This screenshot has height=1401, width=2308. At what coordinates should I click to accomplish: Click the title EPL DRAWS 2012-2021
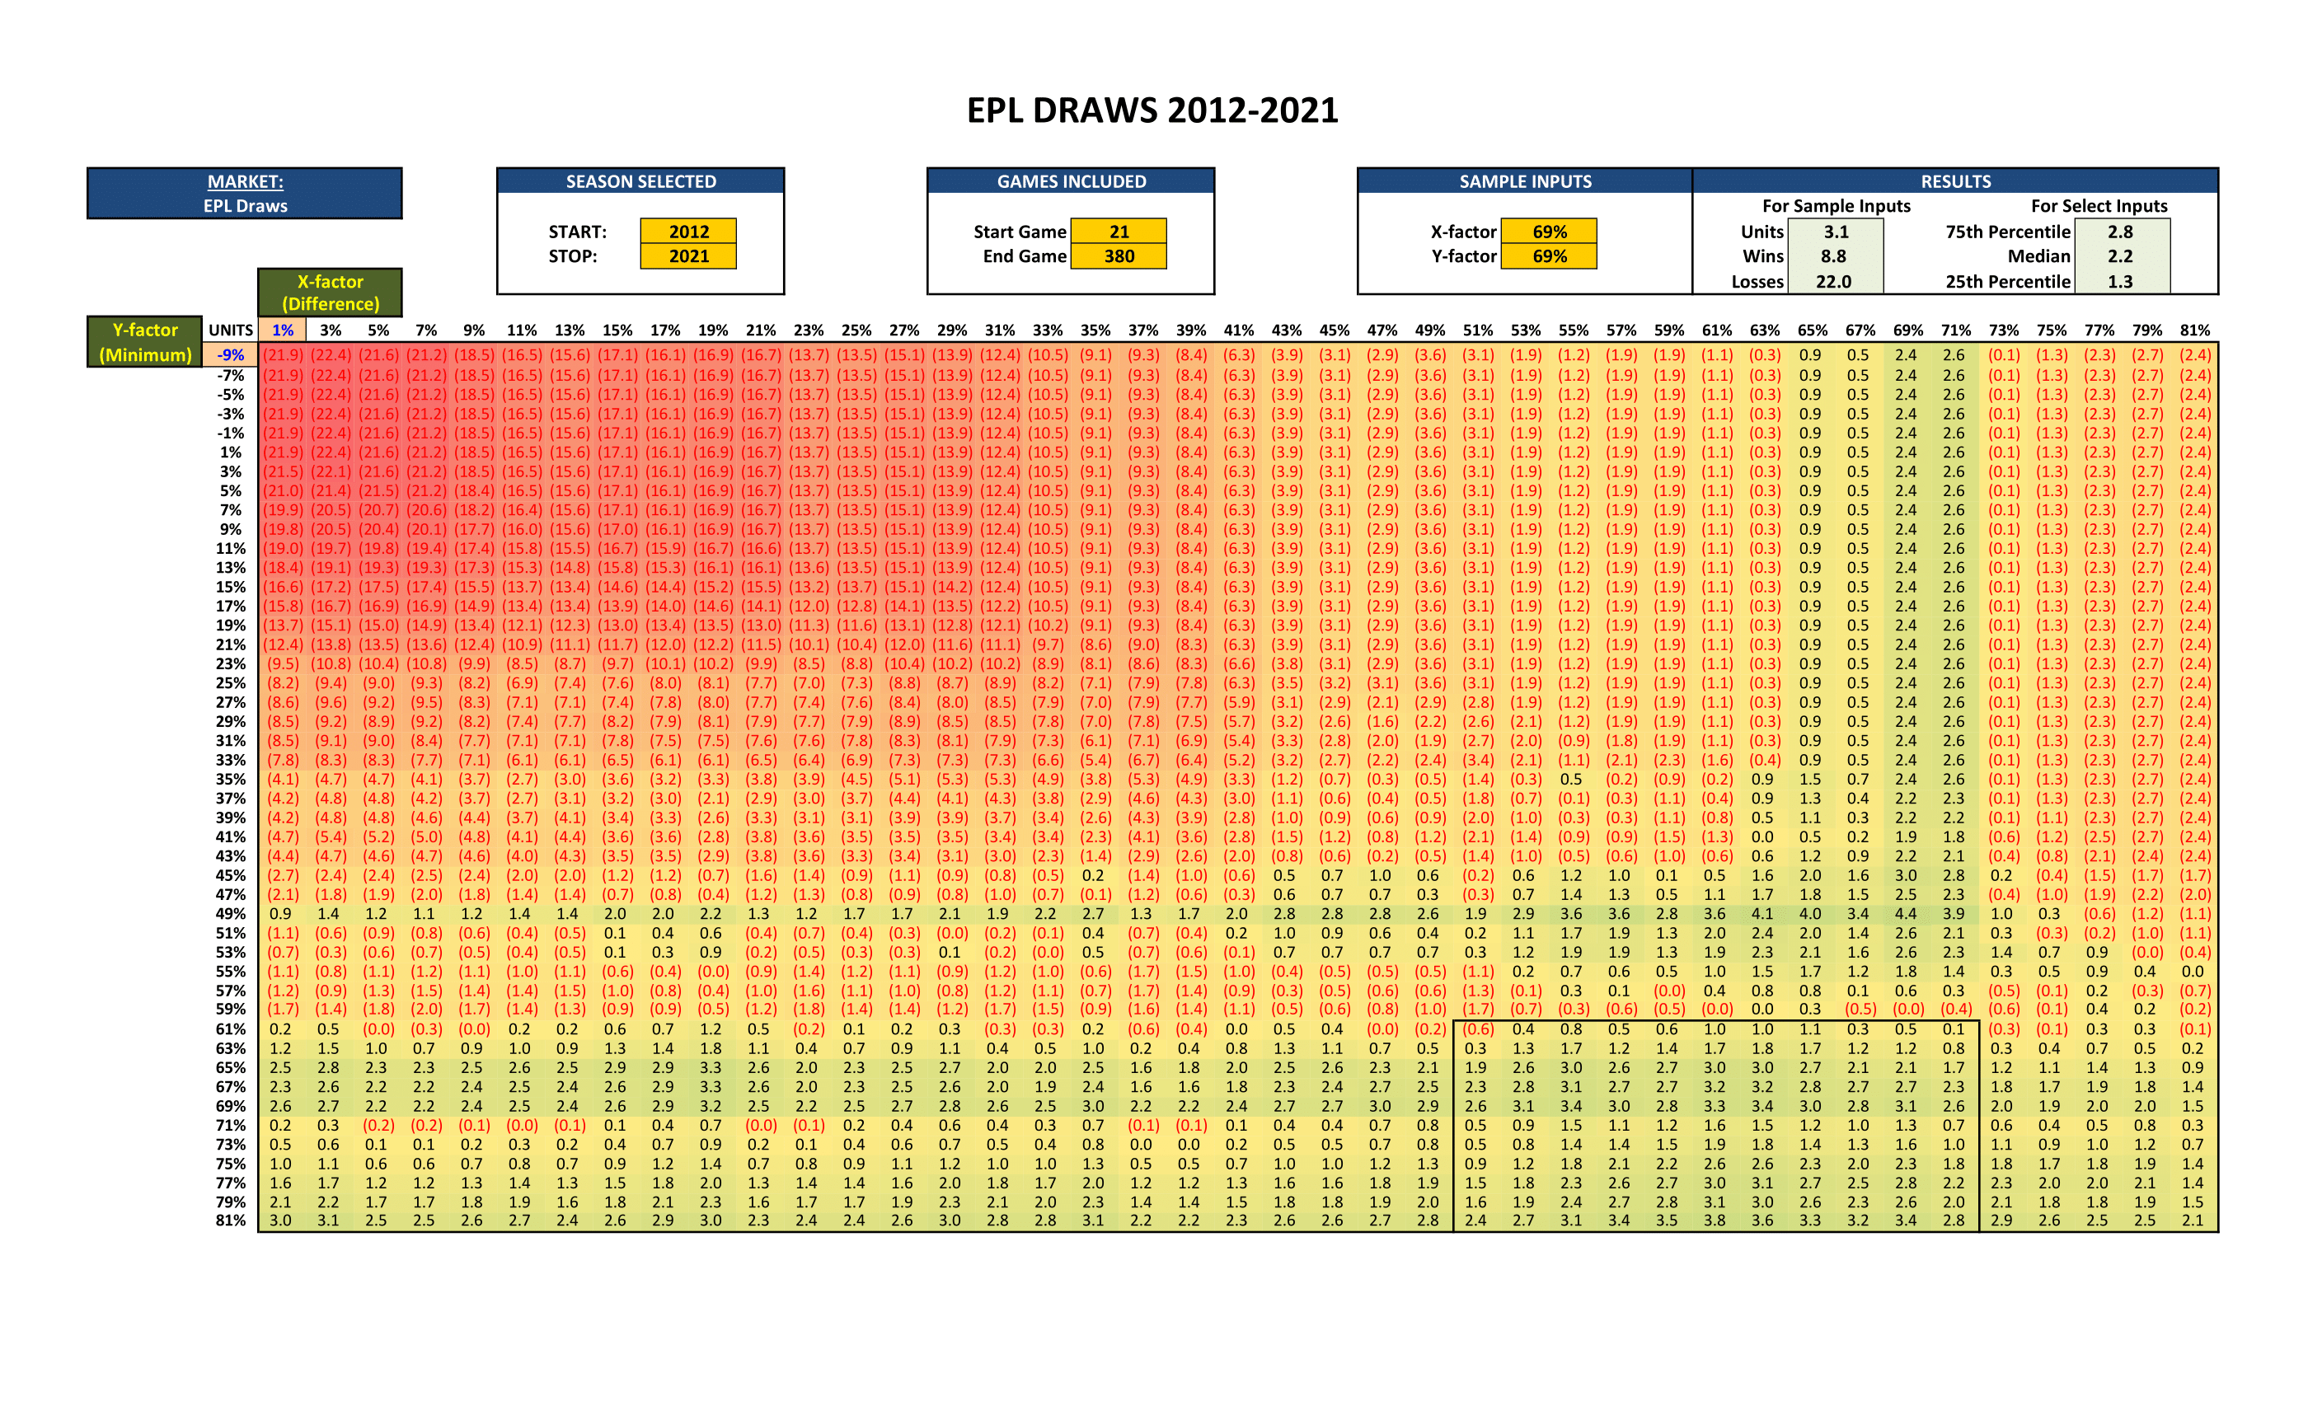pos(1152,110)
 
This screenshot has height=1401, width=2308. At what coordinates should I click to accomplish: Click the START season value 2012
pos(688,232)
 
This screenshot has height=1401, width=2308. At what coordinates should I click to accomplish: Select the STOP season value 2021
pos(688,255)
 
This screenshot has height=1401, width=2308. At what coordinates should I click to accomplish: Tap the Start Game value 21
pos(1119,232)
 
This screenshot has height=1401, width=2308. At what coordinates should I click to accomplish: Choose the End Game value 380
pos(1119,255)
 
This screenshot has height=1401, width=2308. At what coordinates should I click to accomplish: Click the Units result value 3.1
pos(1835,232)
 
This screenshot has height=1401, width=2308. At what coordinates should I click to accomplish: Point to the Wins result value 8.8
pos(1833,255)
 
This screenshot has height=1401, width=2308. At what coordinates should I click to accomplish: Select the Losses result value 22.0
pos(1833,281)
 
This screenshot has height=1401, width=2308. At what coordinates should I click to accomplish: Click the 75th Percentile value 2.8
pos(2120,232)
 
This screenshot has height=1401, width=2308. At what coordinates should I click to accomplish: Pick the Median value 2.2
pos(2120,255)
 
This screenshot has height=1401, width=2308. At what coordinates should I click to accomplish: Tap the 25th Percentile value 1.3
pos(2120,281)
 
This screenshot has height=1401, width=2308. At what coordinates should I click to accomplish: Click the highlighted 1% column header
pos(282,330)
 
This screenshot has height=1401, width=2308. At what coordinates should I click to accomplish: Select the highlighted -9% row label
pos(231,355)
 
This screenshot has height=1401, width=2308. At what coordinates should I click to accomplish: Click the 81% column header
pos(2194,330)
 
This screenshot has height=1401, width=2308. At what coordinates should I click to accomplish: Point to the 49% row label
pos(231,913)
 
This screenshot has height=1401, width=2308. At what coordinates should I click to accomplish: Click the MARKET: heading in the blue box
pos(246,181)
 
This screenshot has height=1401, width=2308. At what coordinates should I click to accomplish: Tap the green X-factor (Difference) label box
pos(330,293)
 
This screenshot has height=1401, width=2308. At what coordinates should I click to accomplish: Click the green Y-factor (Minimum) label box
pos(145,342)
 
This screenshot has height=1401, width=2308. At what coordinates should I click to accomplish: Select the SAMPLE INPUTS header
pos(1525,181)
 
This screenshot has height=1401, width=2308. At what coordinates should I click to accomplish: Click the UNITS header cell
pos(231,330)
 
